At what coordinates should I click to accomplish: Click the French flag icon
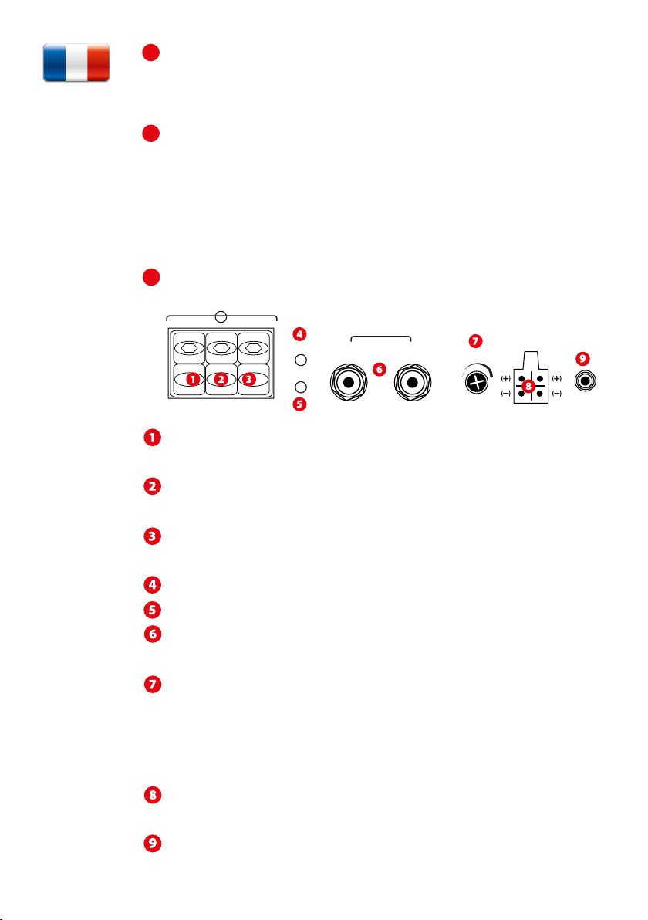point(76,63)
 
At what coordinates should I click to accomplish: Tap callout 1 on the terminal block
point(193,380)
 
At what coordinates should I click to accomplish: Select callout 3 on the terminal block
point(248,380)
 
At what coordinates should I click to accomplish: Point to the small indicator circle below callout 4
point(302,360)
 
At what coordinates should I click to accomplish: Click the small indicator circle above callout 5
point(302,387)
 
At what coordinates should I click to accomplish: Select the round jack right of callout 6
point(412,382)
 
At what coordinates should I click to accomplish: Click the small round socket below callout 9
point(590,381)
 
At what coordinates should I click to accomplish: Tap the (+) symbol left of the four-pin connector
point(505,378)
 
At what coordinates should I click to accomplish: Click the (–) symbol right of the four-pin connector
point(557,394)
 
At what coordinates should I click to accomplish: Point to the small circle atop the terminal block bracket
point(221,316)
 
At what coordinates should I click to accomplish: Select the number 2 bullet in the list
point(153,487)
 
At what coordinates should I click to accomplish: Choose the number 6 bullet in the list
point(153,631)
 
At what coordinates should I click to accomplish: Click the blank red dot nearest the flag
point(150,52)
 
